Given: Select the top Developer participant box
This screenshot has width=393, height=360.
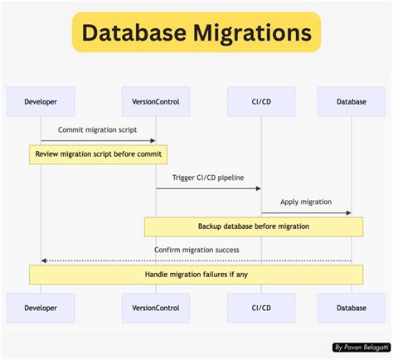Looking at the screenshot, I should [x=41, y=102].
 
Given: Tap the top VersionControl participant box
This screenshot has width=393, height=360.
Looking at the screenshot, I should [x=156, y=102].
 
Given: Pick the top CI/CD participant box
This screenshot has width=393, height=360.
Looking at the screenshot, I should [x=261, y=102].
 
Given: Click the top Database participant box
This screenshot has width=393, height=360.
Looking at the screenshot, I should [x=352, y=102].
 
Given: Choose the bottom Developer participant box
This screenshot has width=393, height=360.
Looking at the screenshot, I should [x=41, y=308].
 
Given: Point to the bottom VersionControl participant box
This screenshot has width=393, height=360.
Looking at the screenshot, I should [x=156, y=308].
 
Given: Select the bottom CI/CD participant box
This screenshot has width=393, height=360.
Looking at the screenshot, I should [x=261, y=308].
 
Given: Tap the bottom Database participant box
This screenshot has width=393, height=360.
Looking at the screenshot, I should [x=352, y=308].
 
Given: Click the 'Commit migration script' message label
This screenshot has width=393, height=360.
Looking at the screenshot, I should [x=98, y=130].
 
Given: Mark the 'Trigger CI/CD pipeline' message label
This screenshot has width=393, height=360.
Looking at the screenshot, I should [x=208, y=178].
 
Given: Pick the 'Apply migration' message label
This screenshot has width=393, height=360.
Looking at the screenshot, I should [x=306, y=202].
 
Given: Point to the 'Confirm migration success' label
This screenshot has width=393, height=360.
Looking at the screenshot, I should [x=196, y=250].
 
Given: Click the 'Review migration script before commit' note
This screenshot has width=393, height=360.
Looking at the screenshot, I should [x=99, y=154].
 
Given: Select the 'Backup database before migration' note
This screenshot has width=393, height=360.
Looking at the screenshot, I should [x=254, y=226].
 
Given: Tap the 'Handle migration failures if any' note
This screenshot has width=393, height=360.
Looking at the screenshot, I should [x=196, y=274].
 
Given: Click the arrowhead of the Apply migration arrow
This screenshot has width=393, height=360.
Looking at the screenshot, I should [x=348, y=213].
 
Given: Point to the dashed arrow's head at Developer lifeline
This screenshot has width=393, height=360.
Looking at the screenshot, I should [x=44, y=261].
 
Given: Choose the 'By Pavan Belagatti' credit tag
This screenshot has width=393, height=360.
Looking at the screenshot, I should [x=360, y=347].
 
